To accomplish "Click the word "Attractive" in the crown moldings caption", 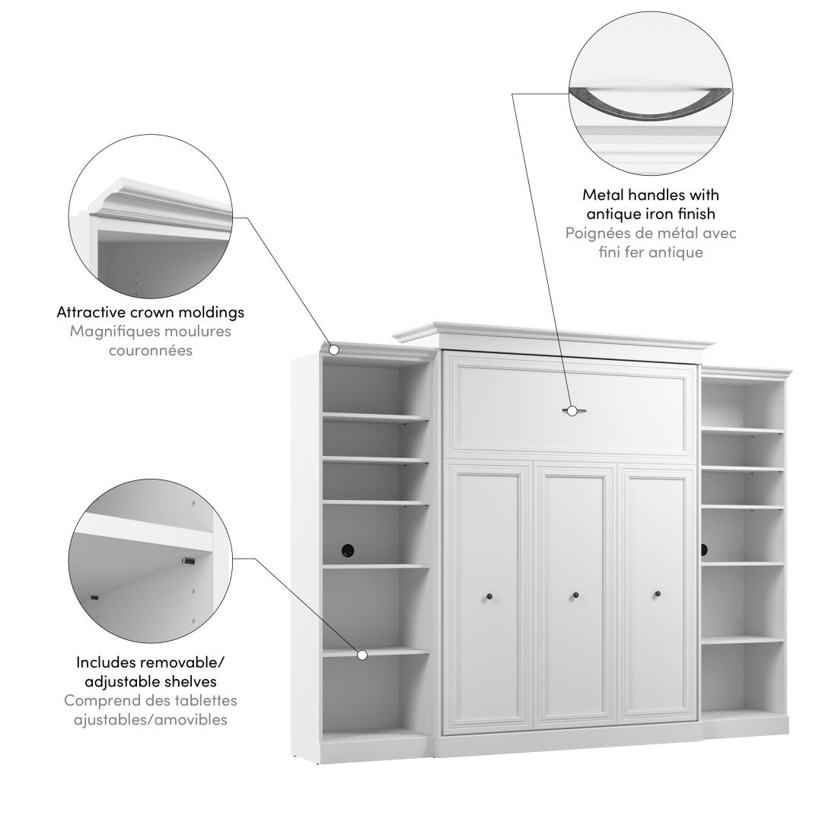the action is (91, 312).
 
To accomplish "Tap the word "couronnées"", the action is (151, 350).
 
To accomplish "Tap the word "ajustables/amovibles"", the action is (151, 719).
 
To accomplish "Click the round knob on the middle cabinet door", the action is (575, 595).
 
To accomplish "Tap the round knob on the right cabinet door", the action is (658, 594).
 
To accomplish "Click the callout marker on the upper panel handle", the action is (572, 411).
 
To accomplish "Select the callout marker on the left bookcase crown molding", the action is (334, 349).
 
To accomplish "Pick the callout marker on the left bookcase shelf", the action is (362, 655).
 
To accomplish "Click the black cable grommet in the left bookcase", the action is (348, 550).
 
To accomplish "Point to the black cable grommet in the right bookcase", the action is (703, 550).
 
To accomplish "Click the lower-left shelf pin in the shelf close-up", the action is (95, 597).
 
